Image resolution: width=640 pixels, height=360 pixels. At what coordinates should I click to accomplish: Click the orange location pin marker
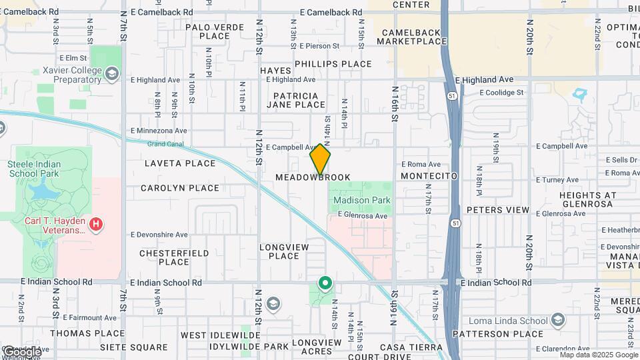point(321,159)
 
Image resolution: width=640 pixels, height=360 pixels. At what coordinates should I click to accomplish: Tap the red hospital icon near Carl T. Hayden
point(96,224)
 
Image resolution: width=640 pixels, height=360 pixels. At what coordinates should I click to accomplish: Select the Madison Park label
point(361,200)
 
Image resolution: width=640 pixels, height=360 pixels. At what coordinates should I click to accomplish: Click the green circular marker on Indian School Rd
point(325,284)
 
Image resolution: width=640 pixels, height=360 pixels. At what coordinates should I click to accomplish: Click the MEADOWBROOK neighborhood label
point(313,178)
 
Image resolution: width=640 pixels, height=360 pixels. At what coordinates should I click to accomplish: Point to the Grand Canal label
point(164,143)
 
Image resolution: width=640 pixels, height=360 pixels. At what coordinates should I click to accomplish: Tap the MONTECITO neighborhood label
point(429,176)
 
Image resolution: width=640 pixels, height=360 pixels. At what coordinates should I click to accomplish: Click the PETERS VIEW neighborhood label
point(498,210)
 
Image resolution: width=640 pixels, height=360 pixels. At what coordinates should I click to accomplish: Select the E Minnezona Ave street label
point(159,131)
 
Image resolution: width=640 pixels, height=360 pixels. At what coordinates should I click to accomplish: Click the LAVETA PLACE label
point(180,163)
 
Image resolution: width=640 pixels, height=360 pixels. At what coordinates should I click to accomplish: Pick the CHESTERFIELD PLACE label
point(174,257)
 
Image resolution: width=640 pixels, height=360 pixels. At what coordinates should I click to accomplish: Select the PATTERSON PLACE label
point(497,333)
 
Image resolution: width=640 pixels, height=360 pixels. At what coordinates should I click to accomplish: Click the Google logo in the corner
point(21,351)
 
